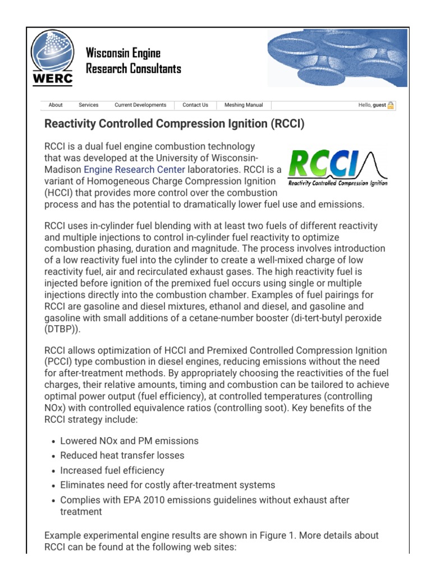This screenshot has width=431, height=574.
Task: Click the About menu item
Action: tap(56, 105)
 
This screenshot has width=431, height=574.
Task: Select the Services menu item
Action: tap(88, 105)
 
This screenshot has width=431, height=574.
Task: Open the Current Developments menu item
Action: tap(140, 105)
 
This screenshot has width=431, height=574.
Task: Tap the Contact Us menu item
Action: tap(195, 105)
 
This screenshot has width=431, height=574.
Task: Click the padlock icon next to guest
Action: tap(391, 105)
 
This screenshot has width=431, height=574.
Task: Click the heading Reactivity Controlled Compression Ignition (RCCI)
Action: tap(174, 124)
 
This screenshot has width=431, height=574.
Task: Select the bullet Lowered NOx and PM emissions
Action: tap(129, 441)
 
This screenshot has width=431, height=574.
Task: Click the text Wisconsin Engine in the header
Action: tap(123, 54)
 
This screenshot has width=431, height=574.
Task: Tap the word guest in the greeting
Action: tap(379, 105)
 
